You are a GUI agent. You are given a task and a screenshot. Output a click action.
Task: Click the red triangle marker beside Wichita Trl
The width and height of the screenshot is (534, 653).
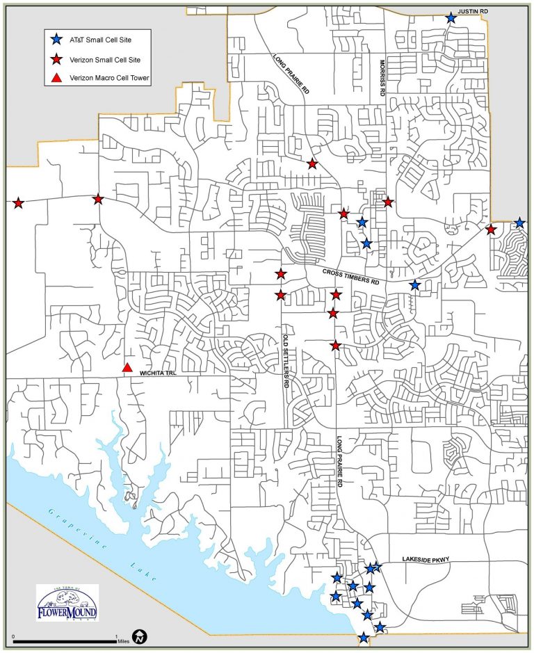coord(127,367)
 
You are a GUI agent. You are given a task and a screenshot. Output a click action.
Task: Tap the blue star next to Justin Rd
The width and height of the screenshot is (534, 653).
coord(451,17)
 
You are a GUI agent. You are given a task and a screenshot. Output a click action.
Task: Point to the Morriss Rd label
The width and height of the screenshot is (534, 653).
coord(382,81)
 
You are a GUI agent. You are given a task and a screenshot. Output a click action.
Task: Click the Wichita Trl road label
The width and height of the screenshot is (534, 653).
coord(159,372)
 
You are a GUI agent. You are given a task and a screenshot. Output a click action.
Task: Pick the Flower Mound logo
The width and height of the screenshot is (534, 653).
coord(67,602)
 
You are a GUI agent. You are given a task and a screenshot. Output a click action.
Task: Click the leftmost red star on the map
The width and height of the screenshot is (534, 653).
coord(18,203)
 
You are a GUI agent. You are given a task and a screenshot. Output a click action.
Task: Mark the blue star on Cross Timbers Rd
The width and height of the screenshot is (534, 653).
coord(415,285)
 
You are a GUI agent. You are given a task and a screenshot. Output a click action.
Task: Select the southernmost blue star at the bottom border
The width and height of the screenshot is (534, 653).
coord(363,638)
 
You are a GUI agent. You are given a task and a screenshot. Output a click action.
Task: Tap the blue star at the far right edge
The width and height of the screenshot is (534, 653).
coord(519,223)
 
